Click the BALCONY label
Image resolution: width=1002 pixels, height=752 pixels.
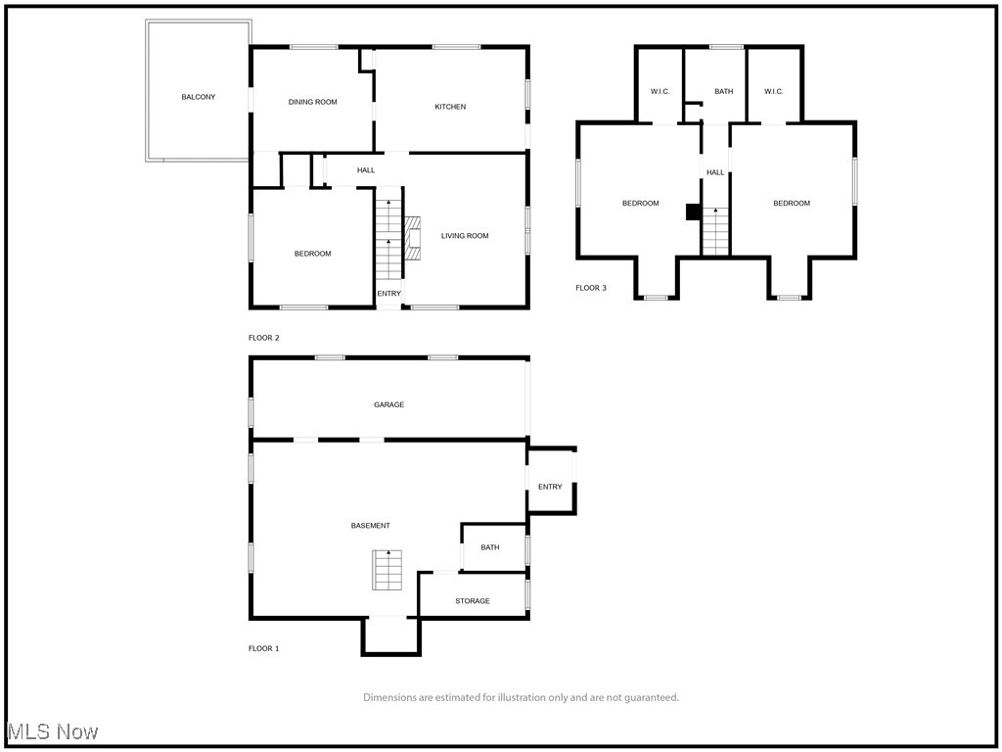[x=198, y=97]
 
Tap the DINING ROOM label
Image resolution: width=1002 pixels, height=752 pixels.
[x=312, y=102]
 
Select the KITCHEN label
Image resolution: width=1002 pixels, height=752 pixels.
[x=450, y=107]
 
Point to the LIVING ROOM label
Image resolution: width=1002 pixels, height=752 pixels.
[x=465, y=236]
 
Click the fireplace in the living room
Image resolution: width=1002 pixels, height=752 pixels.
[x=413, y=238]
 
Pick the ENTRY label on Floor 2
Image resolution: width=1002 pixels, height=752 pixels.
[x=389, y=294]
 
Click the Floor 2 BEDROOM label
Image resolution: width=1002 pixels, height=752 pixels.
[x=312, y=254]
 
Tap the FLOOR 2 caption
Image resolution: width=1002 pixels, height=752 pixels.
[x=264, y=338]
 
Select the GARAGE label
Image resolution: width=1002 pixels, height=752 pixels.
[x=389, y=404]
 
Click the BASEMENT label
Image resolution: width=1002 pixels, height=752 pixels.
[x=371, y=526]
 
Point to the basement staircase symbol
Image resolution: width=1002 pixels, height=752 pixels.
[x=387, y=570]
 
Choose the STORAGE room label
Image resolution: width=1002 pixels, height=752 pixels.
[x=473, y=601]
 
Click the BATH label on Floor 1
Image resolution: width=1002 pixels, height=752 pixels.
[x=490, y=547]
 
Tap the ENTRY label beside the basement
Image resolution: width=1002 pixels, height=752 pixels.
[x=550, y=487]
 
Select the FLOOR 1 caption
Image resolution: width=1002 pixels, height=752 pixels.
[x=264, y=648]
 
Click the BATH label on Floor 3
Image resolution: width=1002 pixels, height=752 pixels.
[x=724, y=91]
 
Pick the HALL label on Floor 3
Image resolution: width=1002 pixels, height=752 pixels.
[x=715, y=172]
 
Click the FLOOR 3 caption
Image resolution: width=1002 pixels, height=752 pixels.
[x=591, y=288]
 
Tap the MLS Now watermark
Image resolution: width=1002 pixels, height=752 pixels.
[x=53, y=731]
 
